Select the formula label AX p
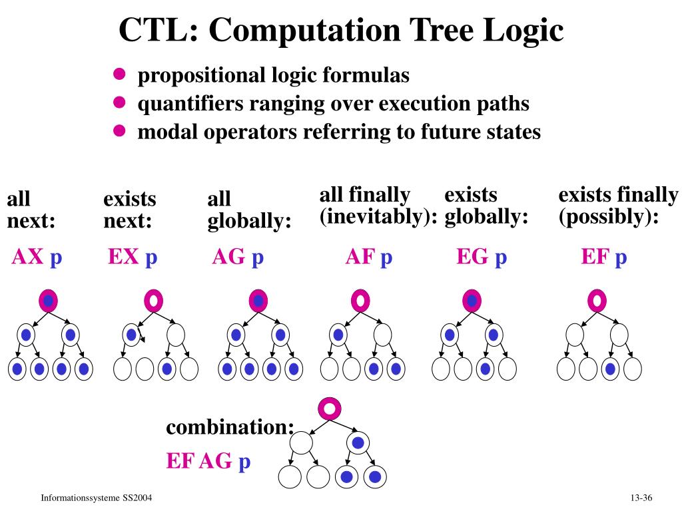pos(37,257)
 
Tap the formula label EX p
pos(133,257)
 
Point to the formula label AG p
pos(238,257)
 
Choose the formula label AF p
pos(368,257)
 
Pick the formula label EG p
pos(482,257)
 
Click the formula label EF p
pos(604,257)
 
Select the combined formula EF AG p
pos(208,460)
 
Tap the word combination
pos(230,426)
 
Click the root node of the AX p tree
pos(49,301)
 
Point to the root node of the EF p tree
pos(597,301)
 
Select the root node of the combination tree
pos(330,409)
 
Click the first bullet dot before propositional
pos(119,75)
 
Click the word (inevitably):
pos(378,217)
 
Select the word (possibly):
pos(608,217)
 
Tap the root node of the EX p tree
pos(154,301)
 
